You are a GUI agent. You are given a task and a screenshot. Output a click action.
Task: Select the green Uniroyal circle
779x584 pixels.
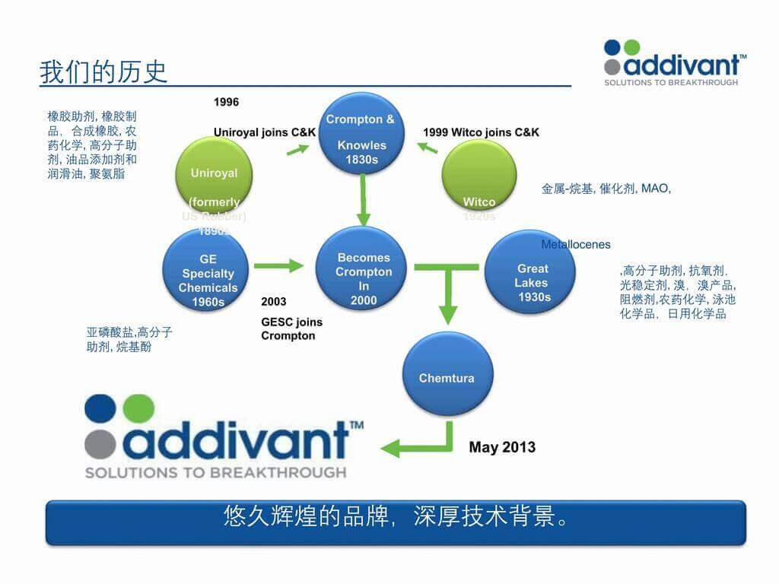(x=214, y=174)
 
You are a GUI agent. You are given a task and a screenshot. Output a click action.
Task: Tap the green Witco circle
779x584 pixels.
(x=479, y=176)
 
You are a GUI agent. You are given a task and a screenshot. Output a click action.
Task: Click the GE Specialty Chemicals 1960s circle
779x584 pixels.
(x=208, y=274)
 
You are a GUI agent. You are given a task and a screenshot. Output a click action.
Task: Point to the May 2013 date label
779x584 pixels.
(x=502, y=447)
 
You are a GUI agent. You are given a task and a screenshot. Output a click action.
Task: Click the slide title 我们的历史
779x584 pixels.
(x=103, y=72)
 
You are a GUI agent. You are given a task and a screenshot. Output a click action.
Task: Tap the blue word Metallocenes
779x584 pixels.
(x=576, y=245)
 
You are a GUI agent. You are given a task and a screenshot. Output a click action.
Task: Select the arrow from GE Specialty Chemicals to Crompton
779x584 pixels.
(x=278, y=266)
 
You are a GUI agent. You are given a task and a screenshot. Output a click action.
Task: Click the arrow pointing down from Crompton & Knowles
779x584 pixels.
(x=364, y=201)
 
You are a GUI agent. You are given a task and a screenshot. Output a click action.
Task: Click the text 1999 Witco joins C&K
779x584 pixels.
(x=481, y=132)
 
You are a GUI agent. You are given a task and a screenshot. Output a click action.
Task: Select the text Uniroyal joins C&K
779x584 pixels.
(x=264, y=132)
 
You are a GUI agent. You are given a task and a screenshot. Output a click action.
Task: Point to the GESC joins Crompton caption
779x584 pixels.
(x=288, y=329)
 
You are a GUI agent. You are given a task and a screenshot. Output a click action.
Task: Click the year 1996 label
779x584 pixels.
(x=226, y=102)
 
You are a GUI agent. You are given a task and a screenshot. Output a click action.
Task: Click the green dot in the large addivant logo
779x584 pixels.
(x=138, y=409)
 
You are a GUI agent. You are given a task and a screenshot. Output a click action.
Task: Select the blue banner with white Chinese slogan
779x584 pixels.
(x=396, y=522)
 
